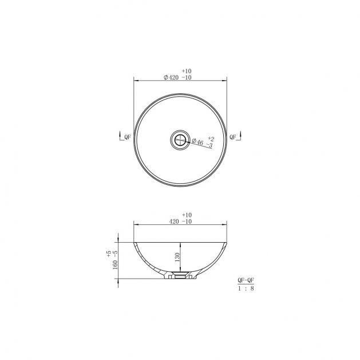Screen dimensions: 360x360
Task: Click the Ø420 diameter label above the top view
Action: (171, 78)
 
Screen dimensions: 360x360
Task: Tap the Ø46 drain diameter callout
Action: (197, 141)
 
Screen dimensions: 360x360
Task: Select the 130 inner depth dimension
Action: (177, 257)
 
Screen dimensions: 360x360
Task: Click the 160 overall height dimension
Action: (115, 264)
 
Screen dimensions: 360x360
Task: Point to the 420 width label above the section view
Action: (174, 221)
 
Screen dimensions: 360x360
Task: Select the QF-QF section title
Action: (246, 280)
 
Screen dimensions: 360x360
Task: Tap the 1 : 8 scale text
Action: (246, 288)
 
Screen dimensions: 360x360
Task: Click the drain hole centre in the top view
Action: (180, 140)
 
